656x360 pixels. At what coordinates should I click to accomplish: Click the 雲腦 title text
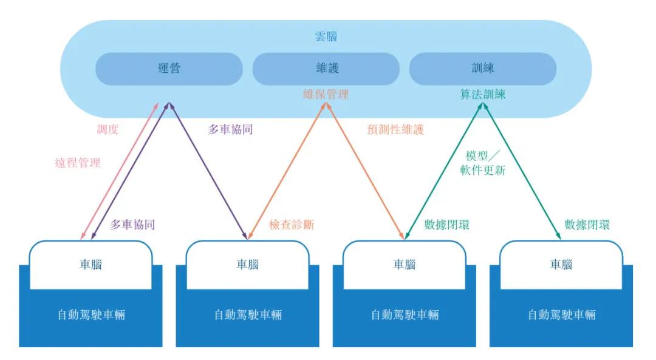click(x=326, y=37)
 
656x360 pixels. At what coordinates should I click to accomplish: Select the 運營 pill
click(x=169, y=69)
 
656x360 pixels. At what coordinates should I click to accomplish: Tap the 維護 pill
click(x=326, y=69)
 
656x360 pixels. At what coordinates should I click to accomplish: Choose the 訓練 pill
click(x=483, y=69)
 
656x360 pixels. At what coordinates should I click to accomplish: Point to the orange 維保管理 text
click(x=326, y=95)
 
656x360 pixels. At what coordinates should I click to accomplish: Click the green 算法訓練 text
click(x=483, y=95)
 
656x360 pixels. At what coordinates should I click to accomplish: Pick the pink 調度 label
click(x=108, y=129)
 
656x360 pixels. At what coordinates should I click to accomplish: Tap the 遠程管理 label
click(x=78, y=163)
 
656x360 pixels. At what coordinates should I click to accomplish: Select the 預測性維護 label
click(x=395, y=130)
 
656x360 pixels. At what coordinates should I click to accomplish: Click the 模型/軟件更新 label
click(x=483, y=163)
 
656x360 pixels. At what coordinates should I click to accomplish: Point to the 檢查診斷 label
click(x=292, y=225)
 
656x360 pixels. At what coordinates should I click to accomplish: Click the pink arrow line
click(x=120, y=171)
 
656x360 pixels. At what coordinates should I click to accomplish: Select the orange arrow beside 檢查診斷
click(x=287, y=171)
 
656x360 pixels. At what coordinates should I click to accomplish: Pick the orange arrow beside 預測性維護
click(x=365, y=171)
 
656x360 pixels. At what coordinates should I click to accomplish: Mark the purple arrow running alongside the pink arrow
click(x=130, y=171)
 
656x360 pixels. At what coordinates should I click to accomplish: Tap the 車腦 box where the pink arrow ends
click(x=91, y=265)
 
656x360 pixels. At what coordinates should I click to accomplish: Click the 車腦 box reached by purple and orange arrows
click(x=248, y=265)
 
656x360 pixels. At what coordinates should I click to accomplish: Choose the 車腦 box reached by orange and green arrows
click(x=405, y=265)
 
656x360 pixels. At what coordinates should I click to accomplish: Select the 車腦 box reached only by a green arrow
click(x=561, y=265)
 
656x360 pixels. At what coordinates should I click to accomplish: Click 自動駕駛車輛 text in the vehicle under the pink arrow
click(x=91, y=315)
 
